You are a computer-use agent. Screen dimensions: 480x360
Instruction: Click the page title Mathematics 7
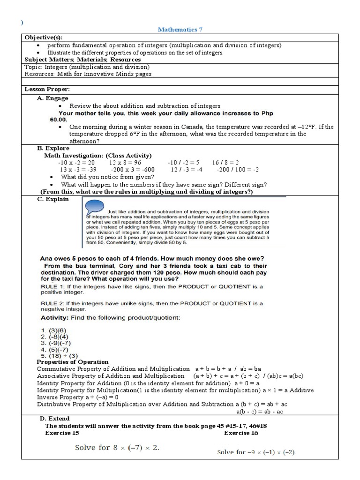coord(180,30)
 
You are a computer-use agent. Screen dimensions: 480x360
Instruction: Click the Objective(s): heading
coord(43,37)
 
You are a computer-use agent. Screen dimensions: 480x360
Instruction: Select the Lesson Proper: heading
coord(47,89)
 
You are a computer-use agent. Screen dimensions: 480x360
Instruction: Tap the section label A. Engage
coord(52,98)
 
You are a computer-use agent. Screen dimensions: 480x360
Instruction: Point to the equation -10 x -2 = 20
coord(76,162)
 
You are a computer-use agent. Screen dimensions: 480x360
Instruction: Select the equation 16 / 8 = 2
coord(225,162)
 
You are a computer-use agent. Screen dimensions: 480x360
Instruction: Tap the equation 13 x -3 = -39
coord(78,169)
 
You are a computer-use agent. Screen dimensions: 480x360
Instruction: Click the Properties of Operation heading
coord(72,362)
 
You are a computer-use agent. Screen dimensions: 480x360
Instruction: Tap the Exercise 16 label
coord(240,433)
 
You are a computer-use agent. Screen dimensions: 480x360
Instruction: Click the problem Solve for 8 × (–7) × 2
coord(117,448)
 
